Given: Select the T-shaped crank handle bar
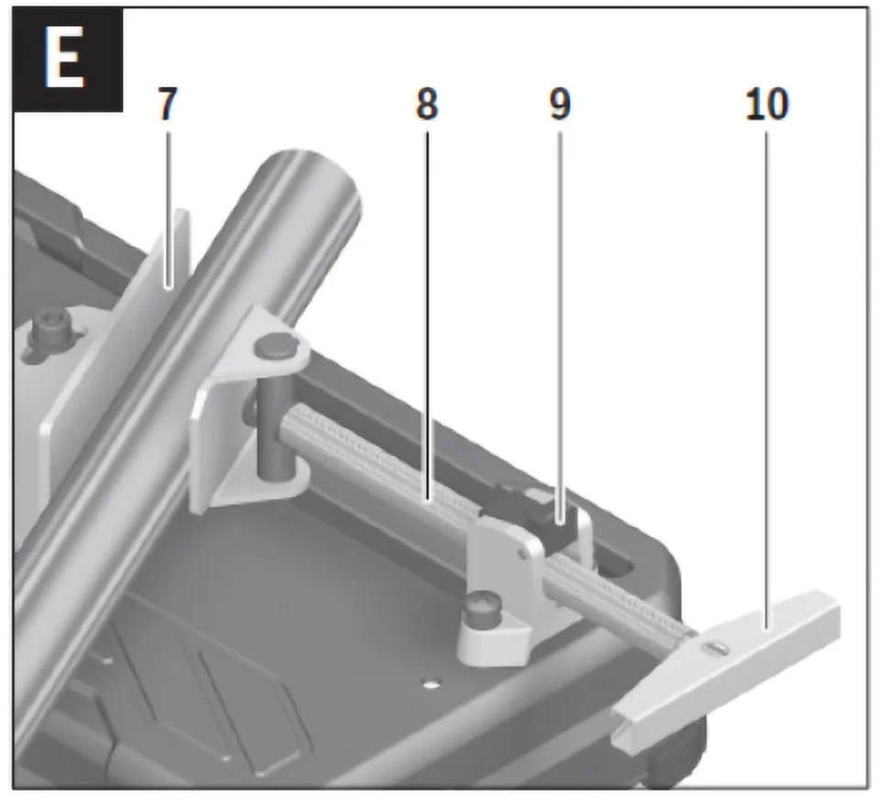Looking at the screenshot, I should point(733,655).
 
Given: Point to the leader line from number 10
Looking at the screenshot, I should point(767,367).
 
